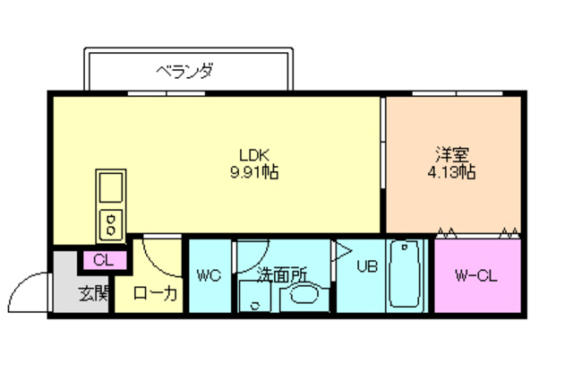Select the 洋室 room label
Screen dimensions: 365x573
pyautogui.click(x=451, y=153)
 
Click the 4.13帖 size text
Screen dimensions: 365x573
pyautogui.click(x=451, y=170)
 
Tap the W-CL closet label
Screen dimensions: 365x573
pyautogui.click(x=475, y=274)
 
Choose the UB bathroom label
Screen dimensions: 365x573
pyautogui.click(x=368, y=265)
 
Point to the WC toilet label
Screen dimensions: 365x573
pyautogui.click(x=209, y=274)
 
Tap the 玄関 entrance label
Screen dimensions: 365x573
pyautogui.click(x=92, y=293)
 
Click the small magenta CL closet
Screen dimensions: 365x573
pyautogui.click(x=103, y=260)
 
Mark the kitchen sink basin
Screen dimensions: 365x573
pyautogui.click(x=111, y=189)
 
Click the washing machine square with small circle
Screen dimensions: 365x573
pyautogui.click(x=255, y=298)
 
